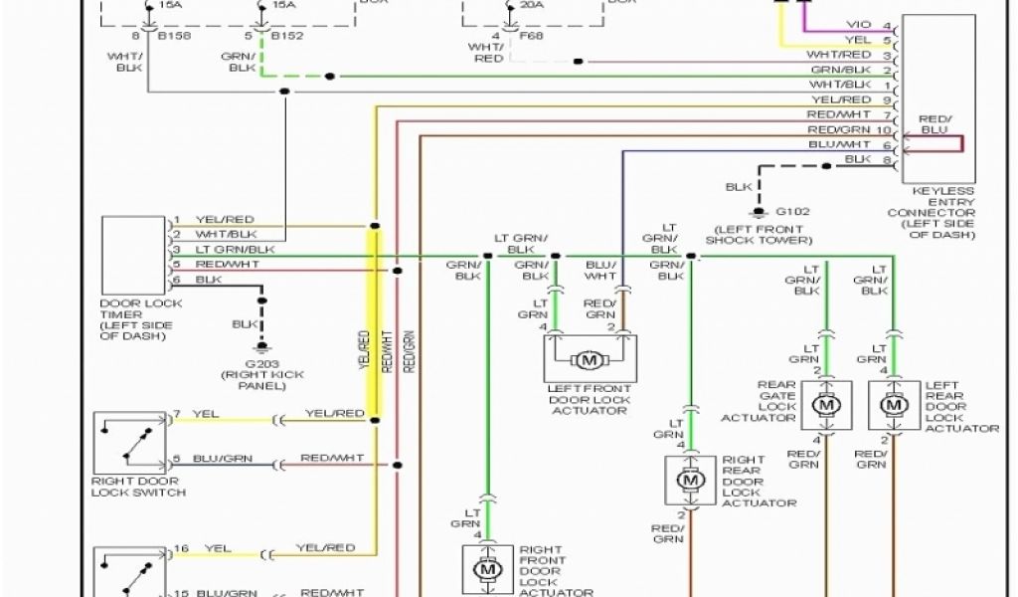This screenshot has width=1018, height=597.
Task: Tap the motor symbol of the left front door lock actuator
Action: point(590,358)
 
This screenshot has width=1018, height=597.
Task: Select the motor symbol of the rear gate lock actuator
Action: point(825,405)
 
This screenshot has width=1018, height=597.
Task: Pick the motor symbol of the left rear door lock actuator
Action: point(893,405)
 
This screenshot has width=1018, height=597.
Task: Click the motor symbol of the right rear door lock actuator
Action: point(689,480)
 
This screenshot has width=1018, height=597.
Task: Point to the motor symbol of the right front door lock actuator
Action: point(486,570)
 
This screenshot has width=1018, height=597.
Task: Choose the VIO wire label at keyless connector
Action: point(857,25)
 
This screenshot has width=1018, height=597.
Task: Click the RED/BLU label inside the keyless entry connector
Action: point(934,123)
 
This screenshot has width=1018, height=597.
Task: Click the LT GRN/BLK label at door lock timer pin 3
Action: point(235,249)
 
